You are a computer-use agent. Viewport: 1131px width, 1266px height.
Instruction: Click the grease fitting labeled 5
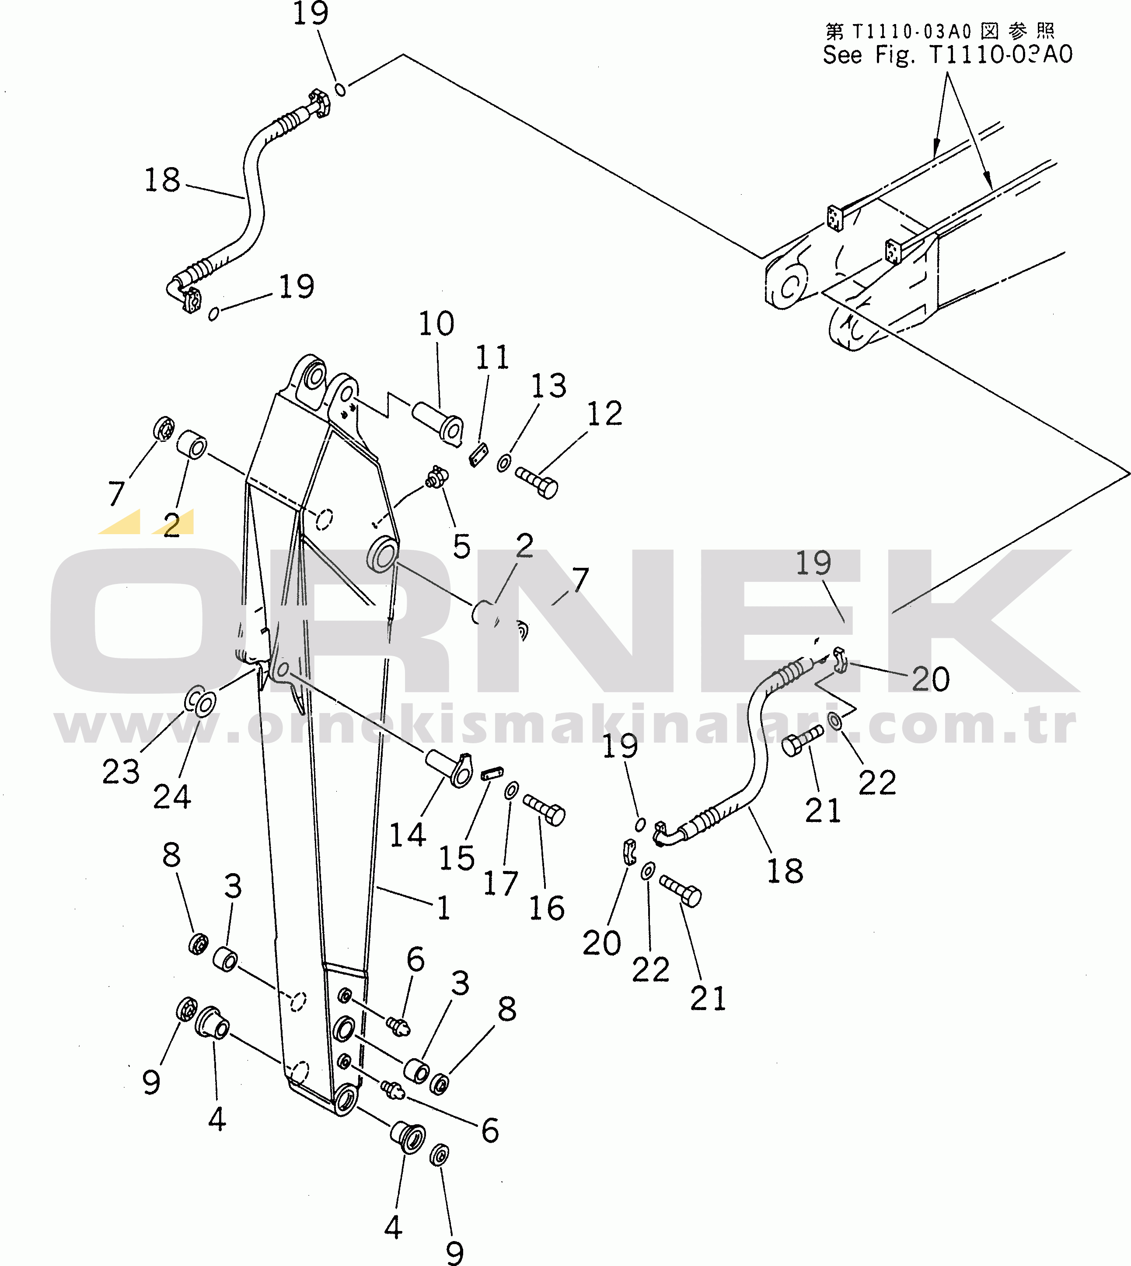(x=437, y=477)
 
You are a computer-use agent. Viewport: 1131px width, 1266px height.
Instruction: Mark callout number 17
(x=501, y=883)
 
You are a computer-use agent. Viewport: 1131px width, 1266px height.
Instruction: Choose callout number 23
(x=121, y=773)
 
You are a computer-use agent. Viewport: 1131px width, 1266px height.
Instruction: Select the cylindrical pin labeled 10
(x=437, y=423)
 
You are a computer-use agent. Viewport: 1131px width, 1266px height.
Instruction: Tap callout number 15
(x=457, y=858)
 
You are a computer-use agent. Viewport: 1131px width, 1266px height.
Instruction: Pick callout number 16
(x=547, y=908)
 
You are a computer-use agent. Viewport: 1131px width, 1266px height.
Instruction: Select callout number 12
(x=605, y=414)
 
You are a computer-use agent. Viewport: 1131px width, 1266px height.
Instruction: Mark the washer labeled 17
(x=511, y=790)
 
